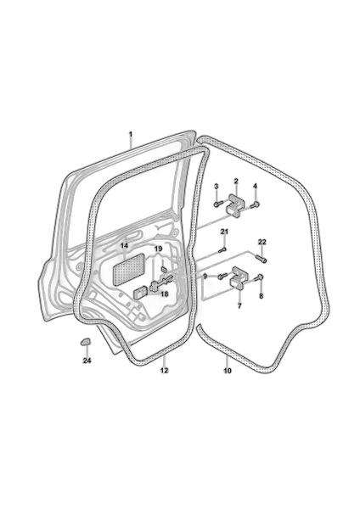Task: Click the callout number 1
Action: tap(131, 134)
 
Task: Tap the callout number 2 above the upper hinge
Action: tap(236, 182)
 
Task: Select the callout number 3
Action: tap(216, 186)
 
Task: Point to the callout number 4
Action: tap(255, 186)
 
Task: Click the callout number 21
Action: tap(224, 232)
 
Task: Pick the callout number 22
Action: tap(262, 242)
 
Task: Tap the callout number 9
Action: tap(205, 277)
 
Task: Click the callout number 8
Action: tap(262, 296)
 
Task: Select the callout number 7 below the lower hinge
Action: tap(239, 305)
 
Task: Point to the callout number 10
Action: tap(227, 371)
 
